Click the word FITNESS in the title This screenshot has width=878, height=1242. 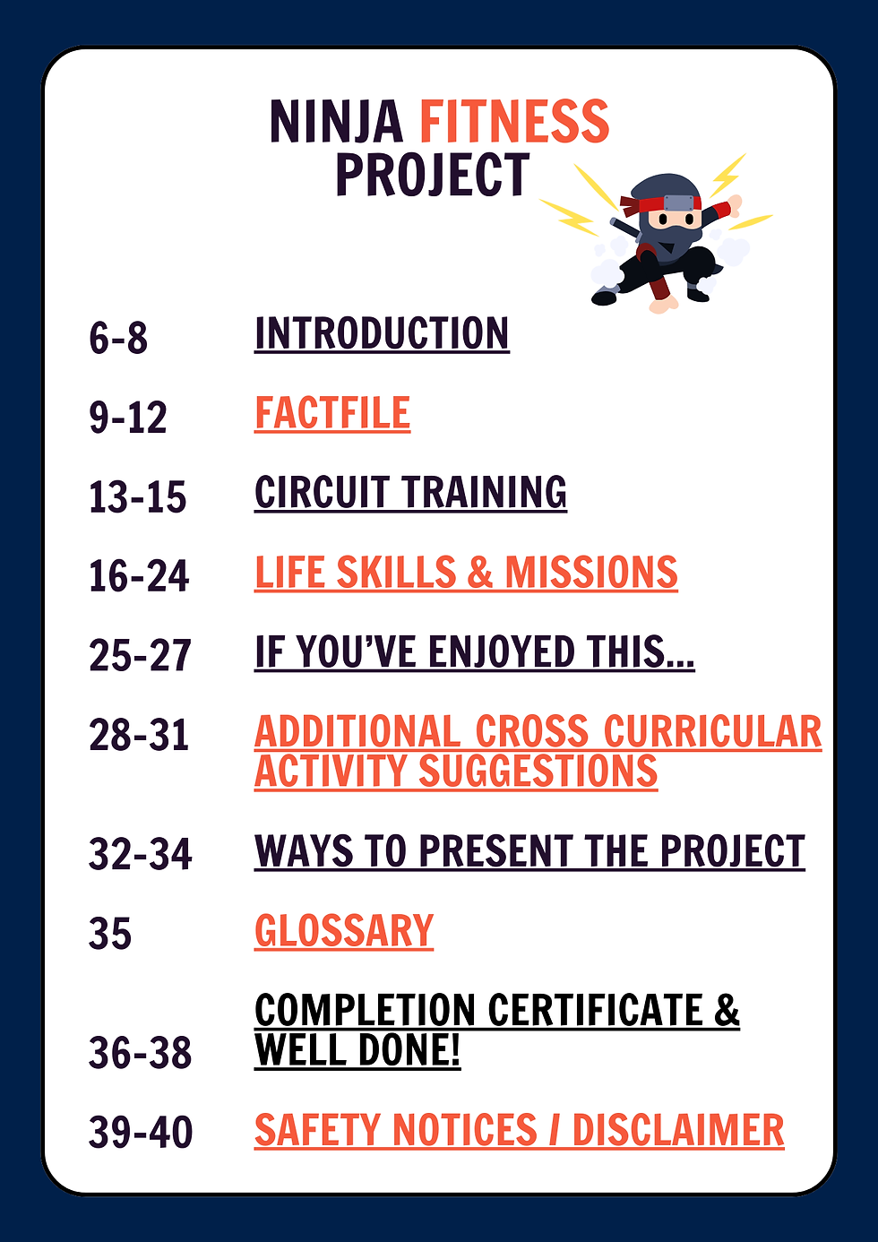[514, 122]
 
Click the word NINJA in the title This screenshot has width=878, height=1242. [336, 122]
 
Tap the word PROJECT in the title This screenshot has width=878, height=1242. [432, 175]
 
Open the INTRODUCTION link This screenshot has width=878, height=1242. [382, 333]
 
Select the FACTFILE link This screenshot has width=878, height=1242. [332, 413]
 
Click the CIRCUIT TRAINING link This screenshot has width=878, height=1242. [410, 493]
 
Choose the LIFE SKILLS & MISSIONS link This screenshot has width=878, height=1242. [466, 573]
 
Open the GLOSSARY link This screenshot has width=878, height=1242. [344, 931]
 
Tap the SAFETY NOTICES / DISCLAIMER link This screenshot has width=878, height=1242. [519, 1130]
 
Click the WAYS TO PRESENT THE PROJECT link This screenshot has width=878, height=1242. [529, 851]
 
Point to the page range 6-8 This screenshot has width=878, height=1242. [118, 339]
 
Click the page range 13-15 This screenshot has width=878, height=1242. [137, 497]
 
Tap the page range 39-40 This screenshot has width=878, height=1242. [141, 1133]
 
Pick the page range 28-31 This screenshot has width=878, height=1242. [139, 736]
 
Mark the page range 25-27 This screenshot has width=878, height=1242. [140, 656]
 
